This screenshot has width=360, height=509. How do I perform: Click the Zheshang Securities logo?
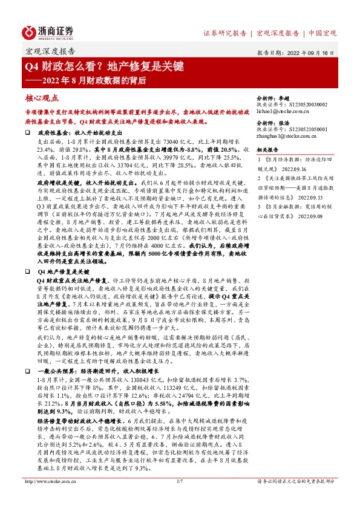(x=48, y=31)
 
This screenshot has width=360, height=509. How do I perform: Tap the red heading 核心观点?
(x=42, y=97)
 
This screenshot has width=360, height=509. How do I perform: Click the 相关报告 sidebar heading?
(x=267, y=149)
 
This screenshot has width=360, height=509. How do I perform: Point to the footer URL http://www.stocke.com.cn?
(x=49, y=498)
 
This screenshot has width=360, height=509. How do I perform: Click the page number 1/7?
(x=179, y=498)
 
